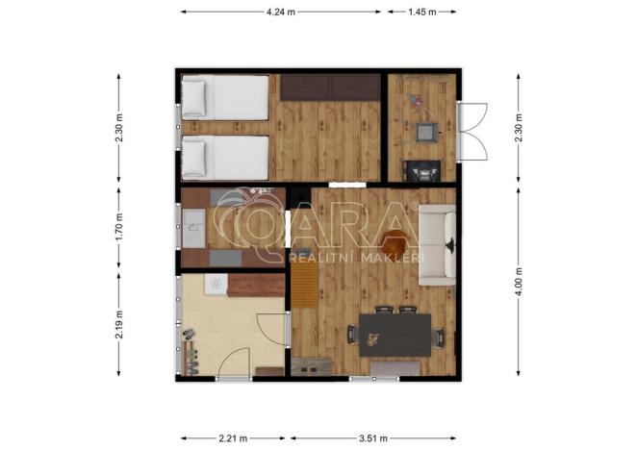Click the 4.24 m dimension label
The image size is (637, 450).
(281, 12)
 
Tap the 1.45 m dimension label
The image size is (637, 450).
(422, 12)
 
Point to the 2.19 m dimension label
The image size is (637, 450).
(118, 324)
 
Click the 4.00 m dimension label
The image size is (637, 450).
(519, 283)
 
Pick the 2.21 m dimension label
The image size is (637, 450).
(233, 438)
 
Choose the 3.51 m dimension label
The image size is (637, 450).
(373, 438)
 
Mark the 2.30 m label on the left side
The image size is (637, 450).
(118, 128)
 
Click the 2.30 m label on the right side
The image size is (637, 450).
(519, 128)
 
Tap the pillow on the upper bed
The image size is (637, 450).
(194, 98)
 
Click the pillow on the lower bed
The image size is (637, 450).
(194, 159)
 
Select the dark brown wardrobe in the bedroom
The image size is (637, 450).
(330, 87)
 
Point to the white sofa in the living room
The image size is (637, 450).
(438, 244)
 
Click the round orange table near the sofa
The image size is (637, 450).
(395, 242)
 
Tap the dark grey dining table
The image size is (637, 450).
(395, 336)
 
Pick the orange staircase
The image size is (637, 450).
(305, 285)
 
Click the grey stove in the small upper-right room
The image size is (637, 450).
(426, 132)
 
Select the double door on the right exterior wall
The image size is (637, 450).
(472, 131)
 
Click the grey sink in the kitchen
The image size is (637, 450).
(193, 228)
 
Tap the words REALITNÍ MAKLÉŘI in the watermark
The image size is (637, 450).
(356, 258)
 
